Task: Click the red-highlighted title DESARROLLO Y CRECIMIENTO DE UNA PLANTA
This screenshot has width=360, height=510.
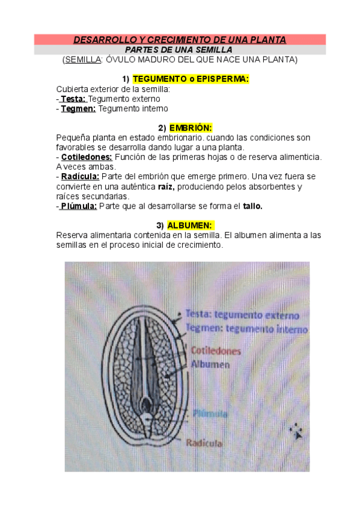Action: click(180, 40)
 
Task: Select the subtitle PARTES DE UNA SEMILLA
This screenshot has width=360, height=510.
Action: click(180, 50)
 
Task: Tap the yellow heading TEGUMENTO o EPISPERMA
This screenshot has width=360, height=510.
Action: click(191, 79)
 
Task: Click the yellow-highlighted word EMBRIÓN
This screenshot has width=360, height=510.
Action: click(191, 128)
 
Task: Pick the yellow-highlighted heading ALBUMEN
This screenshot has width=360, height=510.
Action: click(190, 226)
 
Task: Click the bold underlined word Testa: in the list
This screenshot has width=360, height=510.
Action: click(73, 99)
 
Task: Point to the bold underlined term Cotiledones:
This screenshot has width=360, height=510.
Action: click(87, 157)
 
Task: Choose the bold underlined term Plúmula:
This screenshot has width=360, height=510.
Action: click(78, 206)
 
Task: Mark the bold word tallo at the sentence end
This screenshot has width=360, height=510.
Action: click(252, 206)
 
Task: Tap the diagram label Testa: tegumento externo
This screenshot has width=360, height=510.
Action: click(242, 315)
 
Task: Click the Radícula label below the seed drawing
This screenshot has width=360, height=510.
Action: click(204, 443)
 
